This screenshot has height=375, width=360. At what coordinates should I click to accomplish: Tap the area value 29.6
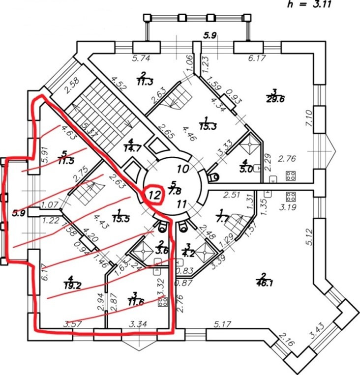coord(277,97)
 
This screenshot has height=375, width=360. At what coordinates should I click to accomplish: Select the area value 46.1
coord(266,282)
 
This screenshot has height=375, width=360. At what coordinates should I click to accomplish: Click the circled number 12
coord(154,194)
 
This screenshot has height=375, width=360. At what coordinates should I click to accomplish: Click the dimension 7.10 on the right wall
coord(309,118)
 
